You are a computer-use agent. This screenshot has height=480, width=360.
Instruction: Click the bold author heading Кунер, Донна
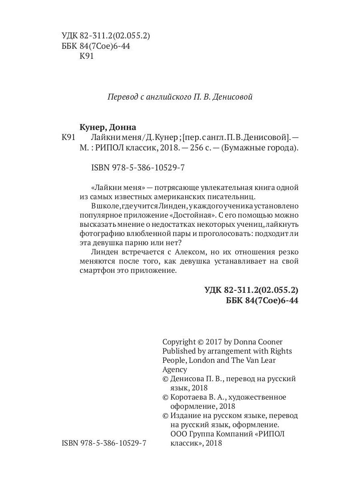pyautogui.click(x=108, y=127)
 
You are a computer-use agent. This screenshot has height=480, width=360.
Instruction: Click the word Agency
pyautogui.click(x=175, y=370)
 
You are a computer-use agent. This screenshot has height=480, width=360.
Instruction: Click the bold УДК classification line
pyautogui.click(x=251, y=290)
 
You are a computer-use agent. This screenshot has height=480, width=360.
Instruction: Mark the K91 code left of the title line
pyautogui.click(x=69, y=138)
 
